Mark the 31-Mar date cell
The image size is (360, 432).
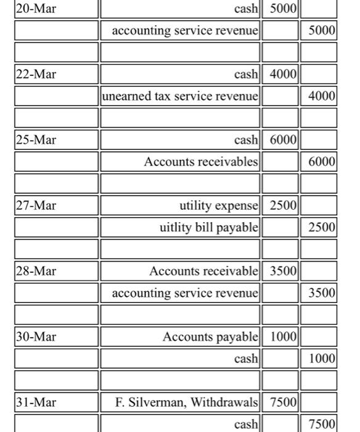pyautogui.click(x=36, y=402)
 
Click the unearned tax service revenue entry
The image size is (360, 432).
pyautogui.click(x=180, y=96)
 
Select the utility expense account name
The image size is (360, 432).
pyautogui.click(x=219, y=205)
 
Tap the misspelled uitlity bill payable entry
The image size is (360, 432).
pyautogui.click(x=208, y=227)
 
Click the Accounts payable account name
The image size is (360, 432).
pyautogui.click(x=210, y=336)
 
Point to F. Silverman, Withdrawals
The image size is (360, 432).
pyautogui.click(x=187, y=402)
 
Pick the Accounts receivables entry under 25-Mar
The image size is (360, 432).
pyautogui.click(x=201, y=162)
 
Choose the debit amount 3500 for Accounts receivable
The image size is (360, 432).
pyautogui.click(x=284, y=271)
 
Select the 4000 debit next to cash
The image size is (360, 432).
pyautogui.click(x=284, y=74)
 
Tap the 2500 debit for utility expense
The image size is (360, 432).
pyautogui.click(x=284, y=205)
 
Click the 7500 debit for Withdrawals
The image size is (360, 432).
pyautogui.click(x=284, y=402)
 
